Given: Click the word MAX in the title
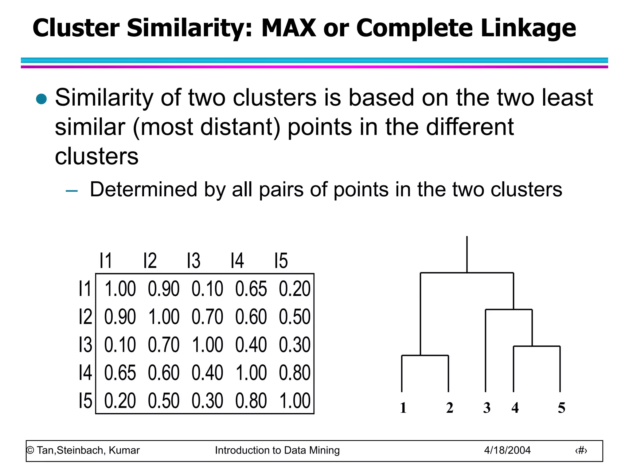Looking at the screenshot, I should pos(288,28).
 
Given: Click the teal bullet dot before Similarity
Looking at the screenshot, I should pos(41,99).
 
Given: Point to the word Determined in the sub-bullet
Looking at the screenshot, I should pos(143,189).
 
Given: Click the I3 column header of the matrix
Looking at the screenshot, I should pos(194,261).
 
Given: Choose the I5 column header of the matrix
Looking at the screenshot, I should pos(281,261).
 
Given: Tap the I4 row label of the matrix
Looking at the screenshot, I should pos(85,373).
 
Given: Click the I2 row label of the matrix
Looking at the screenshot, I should pos(85,317).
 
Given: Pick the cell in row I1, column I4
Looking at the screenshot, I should pos(251,289).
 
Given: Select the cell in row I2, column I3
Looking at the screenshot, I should pos(207,317).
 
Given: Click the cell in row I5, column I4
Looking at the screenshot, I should pos(251,401).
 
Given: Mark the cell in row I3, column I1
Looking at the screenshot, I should pos(120,345).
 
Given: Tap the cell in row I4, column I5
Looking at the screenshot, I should pos(295,373).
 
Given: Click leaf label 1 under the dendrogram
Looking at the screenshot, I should pos(403,408).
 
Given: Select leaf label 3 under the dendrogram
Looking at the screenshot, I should pos(487,408).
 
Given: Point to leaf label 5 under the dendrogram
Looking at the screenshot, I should pos(561,408).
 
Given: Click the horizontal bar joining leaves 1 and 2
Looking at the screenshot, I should pos(425,356).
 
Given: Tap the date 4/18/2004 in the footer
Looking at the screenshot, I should pos(507,450).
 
